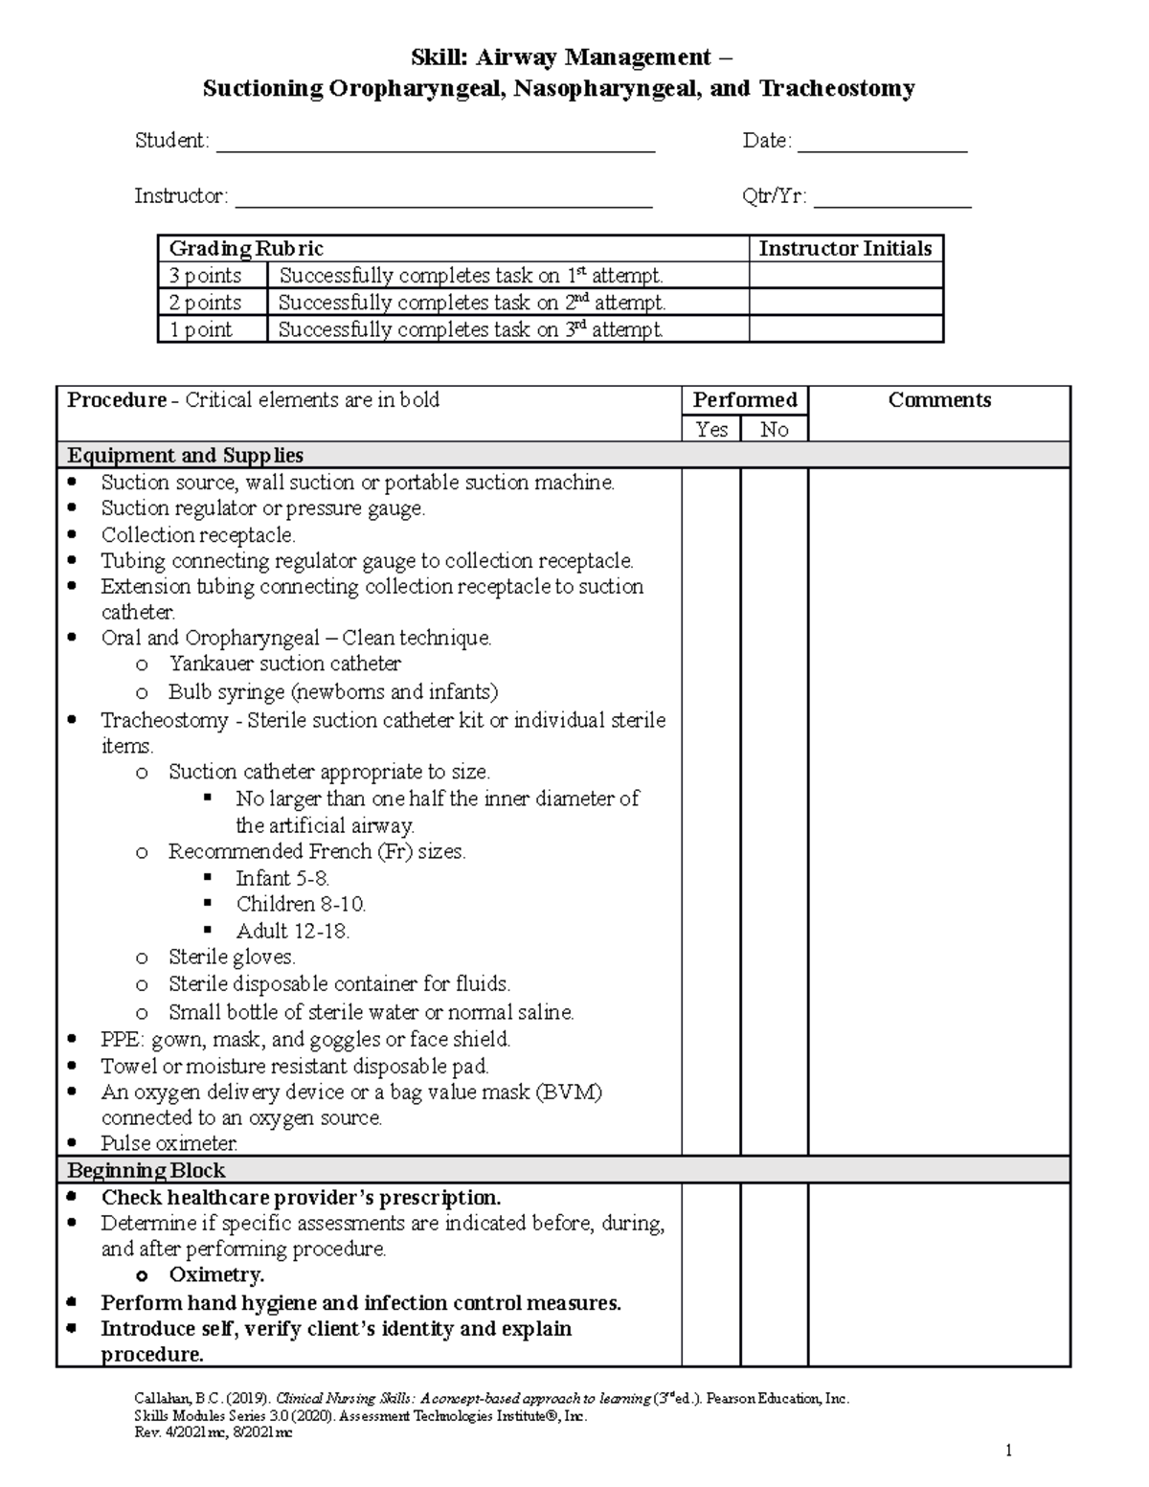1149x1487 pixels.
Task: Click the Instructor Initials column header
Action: tap(845, 249)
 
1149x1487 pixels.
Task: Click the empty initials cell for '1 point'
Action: tap(845, 329)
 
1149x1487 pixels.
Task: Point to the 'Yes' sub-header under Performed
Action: tap(711, 429)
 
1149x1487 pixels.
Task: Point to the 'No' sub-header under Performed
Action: tap(774, 429)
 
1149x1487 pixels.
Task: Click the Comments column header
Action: tap(938, 400)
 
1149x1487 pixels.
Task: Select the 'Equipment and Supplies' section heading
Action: tap(185, 455)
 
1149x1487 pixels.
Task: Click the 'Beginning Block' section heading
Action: tap(146, 1170)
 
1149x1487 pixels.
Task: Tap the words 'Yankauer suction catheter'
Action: tap(284, 664)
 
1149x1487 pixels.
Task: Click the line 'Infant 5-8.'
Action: tap(283, 878)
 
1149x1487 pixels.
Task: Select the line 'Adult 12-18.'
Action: tap(293, 931)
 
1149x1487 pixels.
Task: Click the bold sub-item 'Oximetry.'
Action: tap(216, 1275)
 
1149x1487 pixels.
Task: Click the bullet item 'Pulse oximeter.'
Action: tap(169, 1143)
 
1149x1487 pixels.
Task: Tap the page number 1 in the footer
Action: tap(1008, 1451)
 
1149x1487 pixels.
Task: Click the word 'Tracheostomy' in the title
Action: tap(837, 89)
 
